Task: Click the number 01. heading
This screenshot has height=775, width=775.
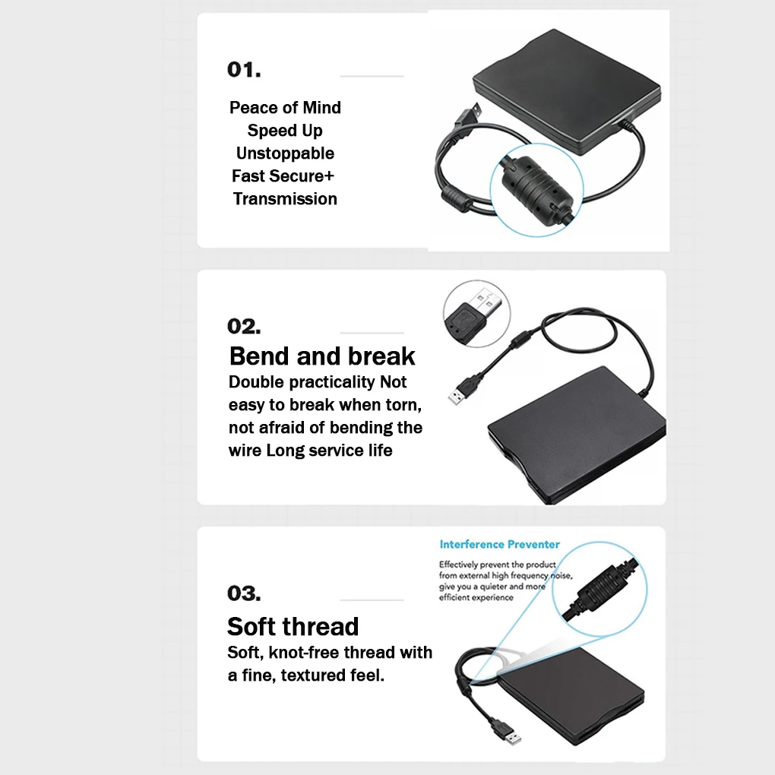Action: click(244, 70)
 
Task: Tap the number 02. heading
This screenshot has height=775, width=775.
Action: click(244, 327)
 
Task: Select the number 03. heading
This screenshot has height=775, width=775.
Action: click(244, 593)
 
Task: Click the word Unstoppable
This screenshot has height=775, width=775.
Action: click(285, 153)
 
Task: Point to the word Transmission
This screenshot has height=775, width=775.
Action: click(285, 199)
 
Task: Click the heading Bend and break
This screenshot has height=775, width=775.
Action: click(322, 356)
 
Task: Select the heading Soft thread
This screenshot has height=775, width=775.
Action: click(293, 627)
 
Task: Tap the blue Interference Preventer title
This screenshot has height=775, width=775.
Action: click(499, 545)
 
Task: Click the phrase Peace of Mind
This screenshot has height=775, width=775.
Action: click(285, 108)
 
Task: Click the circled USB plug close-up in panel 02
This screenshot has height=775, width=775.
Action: click(476, 314)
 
